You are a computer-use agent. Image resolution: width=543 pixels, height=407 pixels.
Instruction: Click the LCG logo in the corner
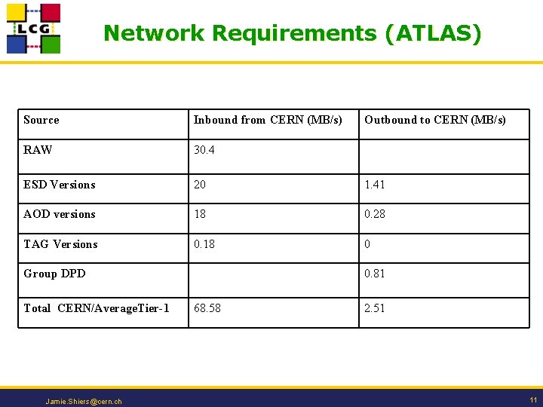[x=33, y=29]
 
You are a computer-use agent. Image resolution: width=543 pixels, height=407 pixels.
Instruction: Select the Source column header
[x=41, y=120]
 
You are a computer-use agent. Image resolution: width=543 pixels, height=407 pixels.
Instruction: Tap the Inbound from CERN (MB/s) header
[x=268, y=120]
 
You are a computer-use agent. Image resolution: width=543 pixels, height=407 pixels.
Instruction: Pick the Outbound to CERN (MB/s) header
[x=435, y=120]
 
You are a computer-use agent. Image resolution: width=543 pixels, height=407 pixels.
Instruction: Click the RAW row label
[x=38, y=150]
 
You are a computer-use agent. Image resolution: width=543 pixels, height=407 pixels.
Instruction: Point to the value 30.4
[x=204, y=150]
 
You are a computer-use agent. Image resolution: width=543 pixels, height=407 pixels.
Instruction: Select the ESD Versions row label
[x=60, y=185]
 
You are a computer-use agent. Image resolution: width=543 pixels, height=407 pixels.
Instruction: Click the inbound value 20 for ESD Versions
[x=200, y=185]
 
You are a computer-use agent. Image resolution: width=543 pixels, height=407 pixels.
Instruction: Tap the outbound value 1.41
[x=375, y=185]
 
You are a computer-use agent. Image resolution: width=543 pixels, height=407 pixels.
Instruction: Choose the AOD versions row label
[x=60, y=214]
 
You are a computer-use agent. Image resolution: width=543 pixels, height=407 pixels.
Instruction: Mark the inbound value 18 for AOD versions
[x=200, y=214]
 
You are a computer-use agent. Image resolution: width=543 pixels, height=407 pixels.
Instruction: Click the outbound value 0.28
[x=375, y=214]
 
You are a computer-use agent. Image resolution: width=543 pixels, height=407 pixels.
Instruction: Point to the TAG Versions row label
[x=60, y=244]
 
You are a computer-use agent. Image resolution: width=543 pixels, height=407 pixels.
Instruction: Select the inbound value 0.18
[x=204, y=244]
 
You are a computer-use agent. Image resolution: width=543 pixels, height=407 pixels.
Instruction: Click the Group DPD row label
[x=54, y=274]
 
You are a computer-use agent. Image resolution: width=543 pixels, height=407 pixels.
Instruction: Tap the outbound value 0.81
[x=375, y=274]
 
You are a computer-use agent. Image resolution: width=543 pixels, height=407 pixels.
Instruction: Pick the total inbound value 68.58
[x=207, y=308]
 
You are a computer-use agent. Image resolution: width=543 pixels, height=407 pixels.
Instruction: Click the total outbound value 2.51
[x=375, y=308]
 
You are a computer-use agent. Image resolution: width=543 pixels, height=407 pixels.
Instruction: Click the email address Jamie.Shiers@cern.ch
[x=84, y=402]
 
